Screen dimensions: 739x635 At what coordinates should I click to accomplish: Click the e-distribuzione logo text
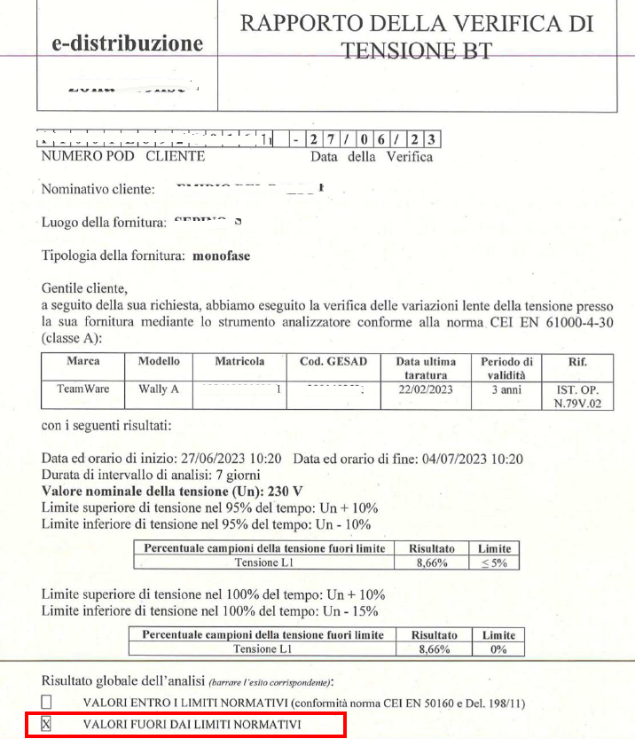point(128,43)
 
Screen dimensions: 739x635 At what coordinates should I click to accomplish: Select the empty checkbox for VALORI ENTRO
point(48,703)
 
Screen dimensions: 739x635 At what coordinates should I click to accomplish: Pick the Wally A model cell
point(159,389)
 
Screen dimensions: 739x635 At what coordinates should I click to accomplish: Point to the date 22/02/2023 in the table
point(426,389)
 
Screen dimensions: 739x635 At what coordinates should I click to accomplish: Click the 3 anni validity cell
point(506,389)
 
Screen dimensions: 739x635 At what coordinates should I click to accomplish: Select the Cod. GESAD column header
point(333,362)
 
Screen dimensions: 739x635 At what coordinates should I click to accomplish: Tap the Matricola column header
point(239,362)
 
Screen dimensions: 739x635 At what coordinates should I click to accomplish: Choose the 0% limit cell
point(498,649)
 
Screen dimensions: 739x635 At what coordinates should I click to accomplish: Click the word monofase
point(221,256)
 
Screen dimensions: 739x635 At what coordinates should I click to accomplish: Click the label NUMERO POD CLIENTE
point(123,157)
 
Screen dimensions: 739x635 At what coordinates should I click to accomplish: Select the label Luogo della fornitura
point(104,223)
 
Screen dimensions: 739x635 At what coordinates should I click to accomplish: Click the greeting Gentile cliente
point(85,288)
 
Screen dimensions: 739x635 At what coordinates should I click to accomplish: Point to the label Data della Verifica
point(372,157)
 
